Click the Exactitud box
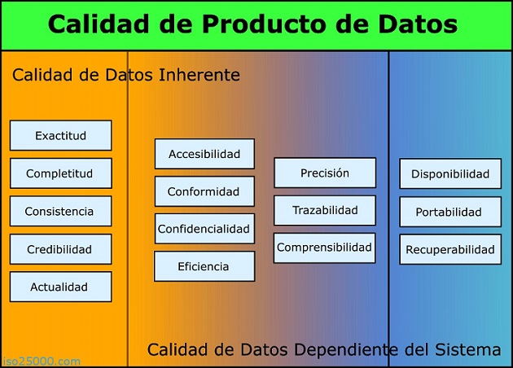60,136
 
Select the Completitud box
60,173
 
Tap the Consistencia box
60,212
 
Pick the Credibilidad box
60,249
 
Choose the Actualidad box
60,287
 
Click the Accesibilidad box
204,154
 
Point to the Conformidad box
204,192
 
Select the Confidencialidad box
204,229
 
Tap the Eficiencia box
204,266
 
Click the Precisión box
325,173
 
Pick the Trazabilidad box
325,210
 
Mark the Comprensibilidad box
325,248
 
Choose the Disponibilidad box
450,173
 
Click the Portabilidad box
450,212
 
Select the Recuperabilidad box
450,250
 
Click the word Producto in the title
265,25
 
